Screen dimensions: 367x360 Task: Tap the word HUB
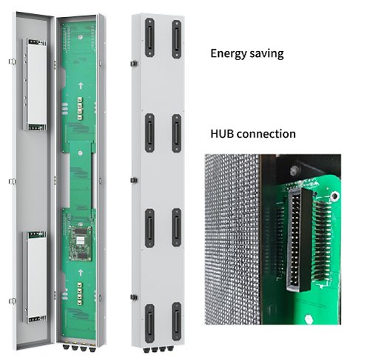(221, 134)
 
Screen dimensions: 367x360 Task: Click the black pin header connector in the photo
(298, 239)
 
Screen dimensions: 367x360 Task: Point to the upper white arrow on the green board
(81, 86)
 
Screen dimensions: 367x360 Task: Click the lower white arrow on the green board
(80, 273)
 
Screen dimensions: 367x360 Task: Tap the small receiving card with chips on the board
(80, 243)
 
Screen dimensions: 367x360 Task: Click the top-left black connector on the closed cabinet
(149, 38)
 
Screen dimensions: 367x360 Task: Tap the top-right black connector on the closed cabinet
(177, 39)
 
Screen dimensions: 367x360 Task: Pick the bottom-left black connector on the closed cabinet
(149, 324)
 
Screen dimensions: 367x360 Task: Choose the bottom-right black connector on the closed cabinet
(177, 321)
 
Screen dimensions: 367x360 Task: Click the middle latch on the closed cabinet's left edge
(135, 180)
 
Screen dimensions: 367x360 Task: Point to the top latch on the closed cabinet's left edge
(135, 64)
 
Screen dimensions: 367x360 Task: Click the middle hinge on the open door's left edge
(13, 181)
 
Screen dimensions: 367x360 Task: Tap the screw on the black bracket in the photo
(294, 170)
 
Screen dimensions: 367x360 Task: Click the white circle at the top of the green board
(80, 37)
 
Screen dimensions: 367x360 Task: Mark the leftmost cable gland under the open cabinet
(66, 347)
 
